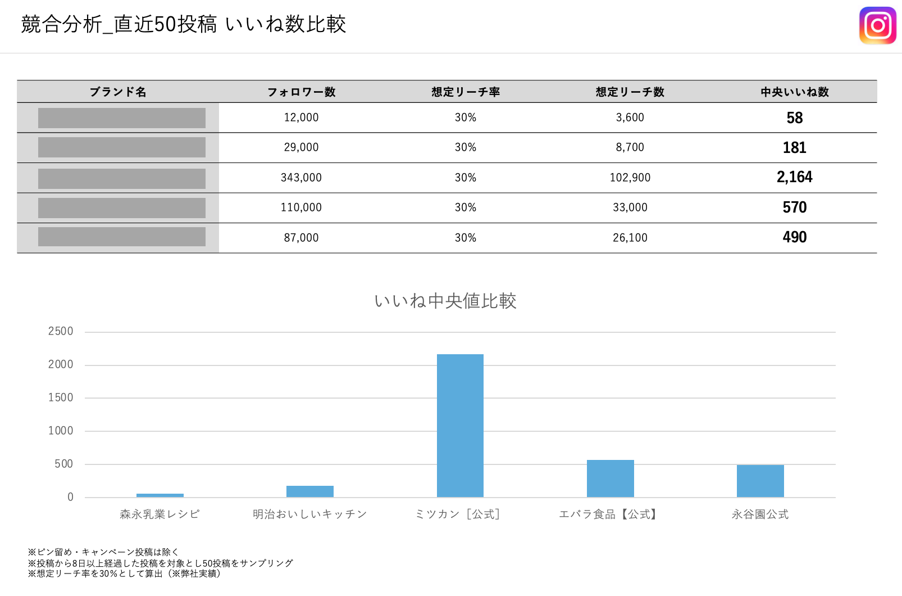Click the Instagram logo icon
click(x=877, y=25)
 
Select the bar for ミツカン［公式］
click(x=460, y=426)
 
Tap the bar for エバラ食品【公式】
click(x=610, y=478)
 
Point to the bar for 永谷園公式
click(x=760, y=481)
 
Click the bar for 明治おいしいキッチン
click(x=309, y=491)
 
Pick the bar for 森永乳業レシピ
click(x=160, y=495)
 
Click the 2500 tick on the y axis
click(x=61, y=331)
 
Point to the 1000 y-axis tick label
click(x=61, y=431)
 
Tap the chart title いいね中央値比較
click(x=445, y=301)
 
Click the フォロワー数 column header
click(x=301, y=92)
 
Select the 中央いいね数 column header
click(x=794, y=92)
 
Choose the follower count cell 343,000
click(x=301, y=178)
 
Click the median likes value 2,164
click(x=794, y=177)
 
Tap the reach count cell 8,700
click(x=630, y=147)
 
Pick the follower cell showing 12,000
click(x=301, y=118)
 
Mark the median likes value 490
click(x=794, y=237)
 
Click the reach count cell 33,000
click(x=630, y=207)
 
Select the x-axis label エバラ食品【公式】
click(x=609, y=514)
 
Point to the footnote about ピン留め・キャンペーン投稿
click(x=103, y=552)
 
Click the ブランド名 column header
click(x=118, y=92)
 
